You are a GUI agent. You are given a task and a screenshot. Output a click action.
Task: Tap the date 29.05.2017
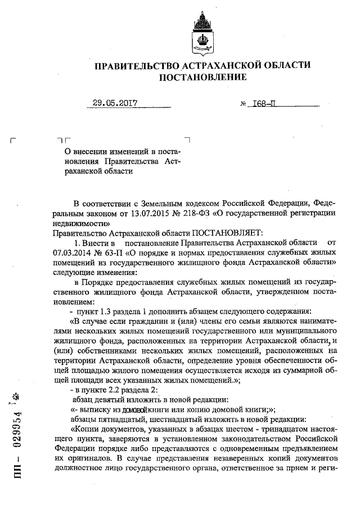(116, 103)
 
